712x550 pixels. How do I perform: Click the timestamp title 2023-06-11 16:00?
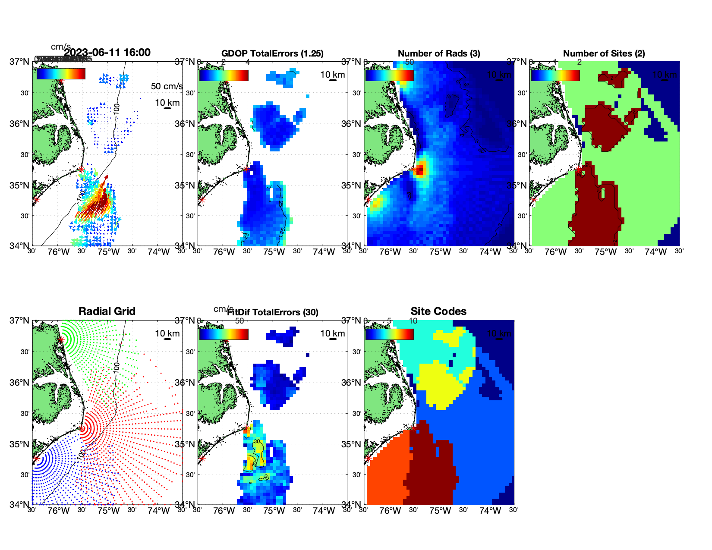[x=107, y=53]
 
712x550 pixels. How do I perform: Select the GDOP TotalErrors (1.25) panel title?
[x=272, y=53]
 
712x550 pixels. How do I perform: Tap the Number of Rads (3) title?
[x=438, y=53]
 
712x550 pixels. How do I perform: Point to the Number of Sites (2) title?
[x=604, y=53]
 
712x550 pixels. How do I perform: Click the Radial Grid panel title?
[x=107, y=311]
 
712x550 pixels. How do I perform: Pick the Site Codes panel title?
[x=438, y=311]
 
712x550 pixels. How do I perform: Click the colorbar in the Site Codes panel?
[x=389, y=334]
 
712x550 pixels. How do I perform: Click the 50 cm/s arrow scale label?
[x=167, y=86]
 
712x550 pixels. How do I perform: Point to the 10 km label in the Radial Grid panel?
[x=167, y=333]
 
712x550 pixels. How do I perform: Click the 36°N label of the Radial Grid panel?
[x=19, y=383]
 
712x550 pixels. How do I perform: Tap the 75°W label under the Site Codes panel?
[x=440, y=511]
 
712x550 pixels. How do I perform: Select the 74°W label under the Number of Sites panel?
[x=655, y=252]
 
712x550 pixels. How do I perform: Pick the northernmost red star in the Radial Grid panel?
[x=61, y=339]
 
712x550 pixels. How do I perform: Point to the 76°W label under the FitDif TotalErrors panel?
[x=224, y=511]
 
